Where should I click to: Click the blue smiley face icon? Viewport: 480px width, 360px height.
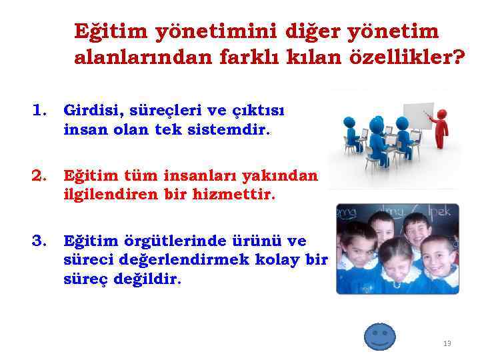[x=379, y=337]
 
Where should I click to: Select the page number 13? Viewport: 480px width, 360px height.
[x=447, y=343]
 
